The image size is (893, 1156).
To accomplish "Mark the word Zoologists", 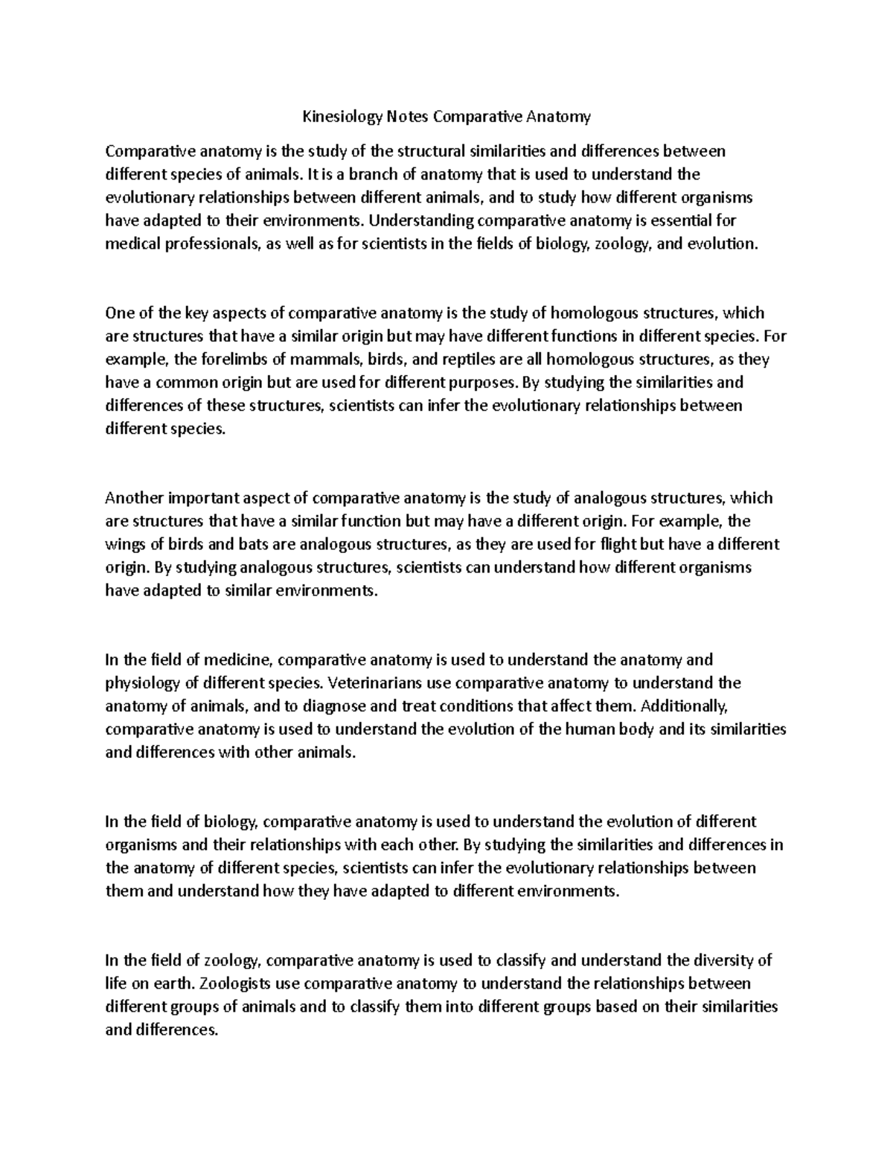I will (x=236, y=984).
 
